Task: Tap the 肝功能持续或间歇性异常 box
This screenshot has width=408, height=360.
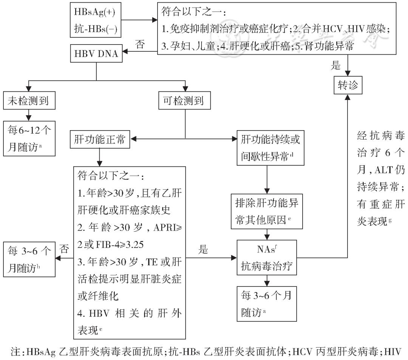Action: coord(267,148)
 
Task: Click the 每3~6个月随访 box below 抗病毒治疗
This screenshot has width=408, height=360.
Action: coord(267,300)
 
